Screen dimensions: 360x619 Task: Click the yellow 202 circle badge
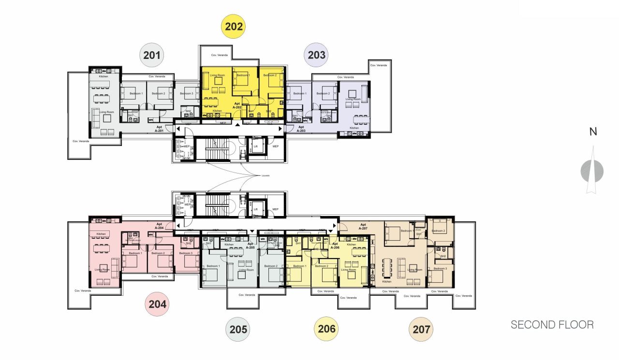[x=233, y=27]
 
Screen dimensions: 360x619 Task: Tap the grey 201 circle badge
[x=152, y=55]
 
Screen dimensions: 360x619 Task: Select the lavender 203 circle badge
[x=317, y=55]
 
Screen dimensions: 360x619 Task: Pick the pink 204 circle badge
[x=158, y=304]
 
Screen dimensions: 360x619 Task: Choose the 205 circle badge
[x=238, y=330]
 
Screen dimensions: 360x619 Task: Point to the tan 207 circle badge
[x=421, y=330]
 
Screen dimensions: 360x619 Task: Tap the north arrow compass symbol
[x=592, y=170]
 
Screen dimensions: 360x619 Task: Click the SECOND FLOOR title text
[x=552, y=325]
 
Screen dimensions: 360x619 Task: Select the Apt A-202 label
[x=237, y=105]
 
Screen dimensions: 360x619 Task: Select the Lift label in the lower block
[x=256, y=209]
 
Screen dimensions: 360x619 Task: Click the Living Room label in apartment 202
[x=217, y=75]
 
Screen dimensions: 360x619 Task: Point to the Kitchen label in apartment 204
[x=101, y=234]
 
